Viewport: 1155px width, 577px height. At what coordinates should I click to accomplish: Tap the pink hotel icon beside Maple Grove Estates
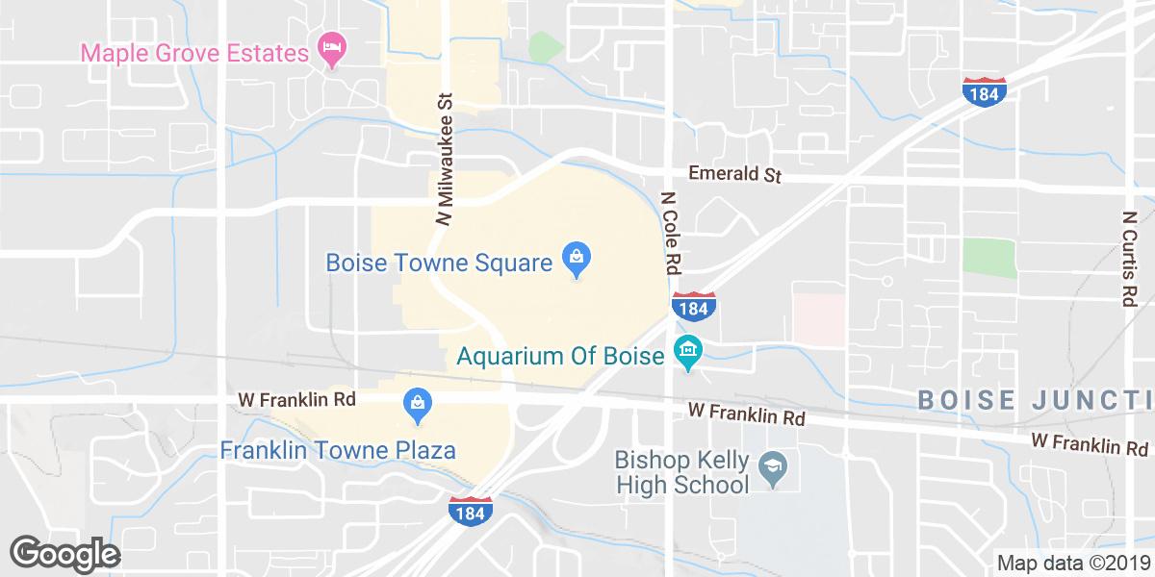point(332,51)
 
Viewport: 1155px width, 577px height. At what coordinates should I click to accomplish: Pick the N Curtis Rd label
point(1128,258)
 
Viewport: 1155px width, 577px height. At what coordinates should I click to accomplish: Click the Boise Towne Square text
point(438,263)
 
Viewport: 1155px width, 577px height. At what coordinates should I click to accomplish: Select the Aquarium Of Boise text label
point(561,356)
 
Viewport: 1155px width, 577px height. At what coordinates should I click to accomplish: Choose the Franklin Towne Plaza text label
point(338,450)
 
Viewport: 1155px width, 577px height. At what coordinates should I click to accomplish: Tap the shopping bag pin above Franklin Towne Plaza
point(417,405)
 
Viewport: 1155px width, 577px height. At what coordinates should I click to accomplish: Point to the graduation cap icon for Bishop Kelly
point(773,470)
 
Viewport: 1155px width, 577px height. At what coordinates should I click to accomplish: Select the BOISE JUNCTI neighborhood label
point(1035,399)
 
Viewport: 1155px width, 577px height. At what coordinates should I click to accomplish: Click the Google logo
point(65,554)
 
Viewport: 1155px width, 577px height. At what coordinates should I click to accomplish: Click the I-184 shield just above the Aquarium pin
point(692,307)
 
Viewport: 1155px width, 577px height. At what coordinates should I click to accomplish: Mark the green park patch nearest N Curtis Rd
point(988,258)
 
